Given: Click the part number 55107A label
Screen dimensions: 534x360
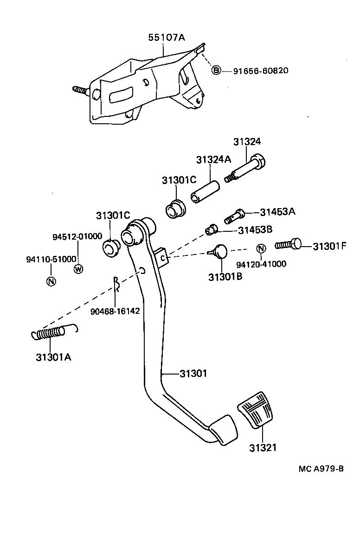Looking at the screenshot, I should [166, 38].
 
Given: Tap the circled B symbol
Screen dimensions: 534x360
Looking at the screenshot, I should [216, 70].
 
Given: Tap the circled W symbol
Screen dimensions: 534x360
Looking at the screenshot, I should [78, 268].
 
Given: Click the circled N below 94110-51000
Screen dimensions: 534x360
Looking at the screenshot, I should [51, 281].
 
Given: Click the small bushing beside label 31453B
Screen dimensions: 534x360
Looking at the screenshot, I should [212, 229].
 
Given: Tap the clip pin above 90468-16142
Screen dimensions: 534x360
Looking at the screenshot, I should [117, 286].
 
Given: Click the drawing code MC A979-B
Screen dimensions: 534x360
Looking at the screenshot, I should [321, 468].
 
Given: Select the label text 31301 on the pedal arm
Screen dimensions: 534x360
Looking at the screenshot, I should [193, 373].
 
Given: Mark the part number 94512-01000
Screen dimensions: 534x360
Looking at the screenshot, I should [77, 236].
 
